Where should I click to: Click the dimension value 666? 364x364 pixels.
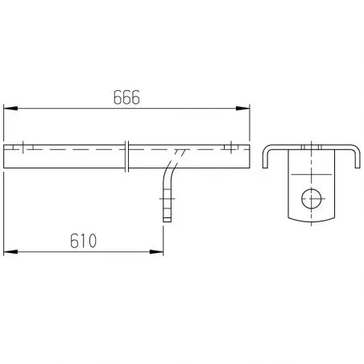point(126,97)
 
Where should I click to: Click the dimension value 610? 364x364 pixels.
point(83,241)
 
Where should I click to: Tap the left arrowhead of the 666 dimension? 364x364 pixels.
point(10,108)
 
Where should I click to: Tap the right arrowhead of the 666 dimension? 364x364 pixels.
point(242,108)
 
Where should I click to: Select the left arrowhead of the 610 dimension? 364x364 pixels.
point(10,252)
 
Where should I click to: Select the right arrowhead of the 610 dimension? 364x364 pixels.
point(156,252)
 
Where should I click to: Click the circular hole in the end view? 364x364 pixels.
point(312,199)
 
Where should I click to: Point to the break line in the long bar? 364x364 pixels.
point(127,156)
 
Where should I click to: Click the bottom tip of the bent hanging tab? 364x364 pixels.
point(167,221)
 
